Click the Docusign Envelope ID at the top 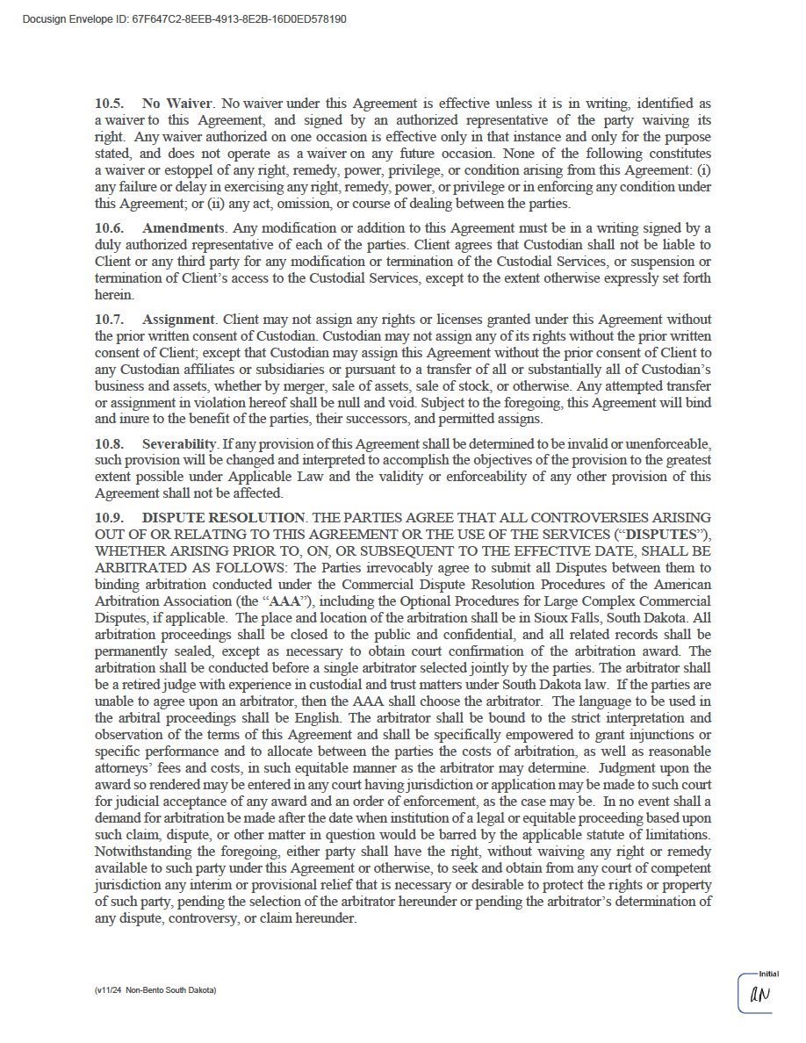[x=184, y=18]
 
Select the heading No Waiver [x=176, y=104]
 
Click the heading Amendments [x=184, y=228]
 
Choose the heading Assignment [x=178, y=320]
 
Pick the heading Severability [x=178, y=444]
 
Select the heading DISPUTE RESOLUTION [x=223, y=518]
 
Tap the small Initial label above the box [x=768, y=974]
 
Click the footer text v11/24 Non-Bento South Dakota [x=155, y=989]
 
